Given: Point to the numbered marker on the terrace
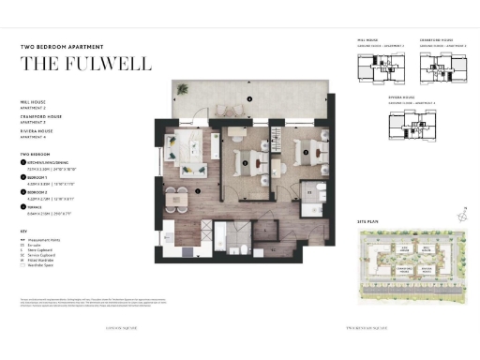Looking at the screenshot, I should pos(249,98).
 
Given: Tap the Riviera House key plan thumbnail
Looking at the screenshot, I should pos(408,120).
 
